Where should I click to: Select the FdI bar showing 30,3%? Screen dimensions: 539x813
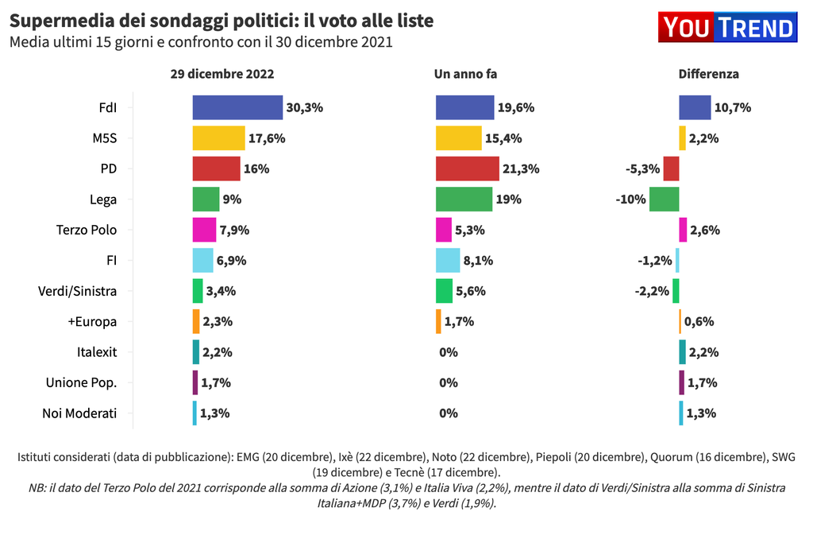point(237,107)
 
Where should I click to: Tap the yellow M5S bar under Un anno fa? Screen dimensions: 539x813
point(458,138)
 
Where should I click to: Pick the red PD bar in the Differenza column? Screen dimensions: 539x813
point(671,169)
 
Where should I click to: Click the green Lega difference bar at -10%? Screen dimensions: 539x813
point(664,200)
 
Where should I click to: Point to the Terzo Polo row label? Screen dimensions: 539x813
point(87,230)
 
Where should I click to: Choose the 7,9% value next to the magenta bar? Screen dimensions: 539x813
point(235,230)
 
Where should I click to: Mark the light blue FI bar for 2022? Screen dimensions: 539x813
point(203,261)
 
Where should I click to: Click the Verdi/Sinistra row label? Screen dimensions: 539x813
point(77,291)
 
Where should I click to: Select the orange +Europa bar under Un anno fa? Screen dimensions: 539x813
point(438,321)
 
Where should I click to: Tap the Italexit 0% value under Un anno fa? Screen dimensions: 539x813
point(449,352)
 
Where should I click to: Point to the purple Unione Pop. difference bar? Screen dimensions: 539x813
point(681,382)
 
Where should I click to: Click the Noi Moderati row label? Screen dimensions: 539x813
point(79,413)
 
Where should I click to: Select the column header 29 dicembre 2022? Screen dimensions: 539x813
point(222,74)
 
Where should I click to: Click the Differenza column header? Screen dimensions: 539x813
point(708,74)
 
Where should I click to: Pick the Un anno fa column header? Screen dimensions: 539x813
point(465,74)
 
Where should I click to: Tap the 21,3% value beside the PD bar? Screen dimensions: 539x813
point(522,169)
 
